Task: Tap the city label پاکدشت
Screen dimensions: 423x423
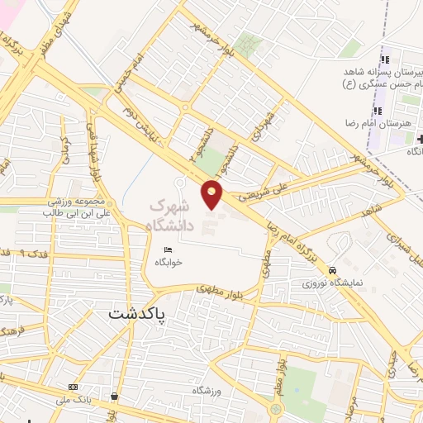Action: (x=137, y=314)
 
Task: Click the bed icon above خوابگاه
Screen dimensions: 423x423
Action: (x=169, y=250)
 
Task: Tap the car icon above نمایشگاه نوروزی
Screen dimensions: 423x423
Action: (x=332, y=270)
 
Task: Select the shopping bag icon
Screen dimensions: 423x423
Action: (x=113, y=397)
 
